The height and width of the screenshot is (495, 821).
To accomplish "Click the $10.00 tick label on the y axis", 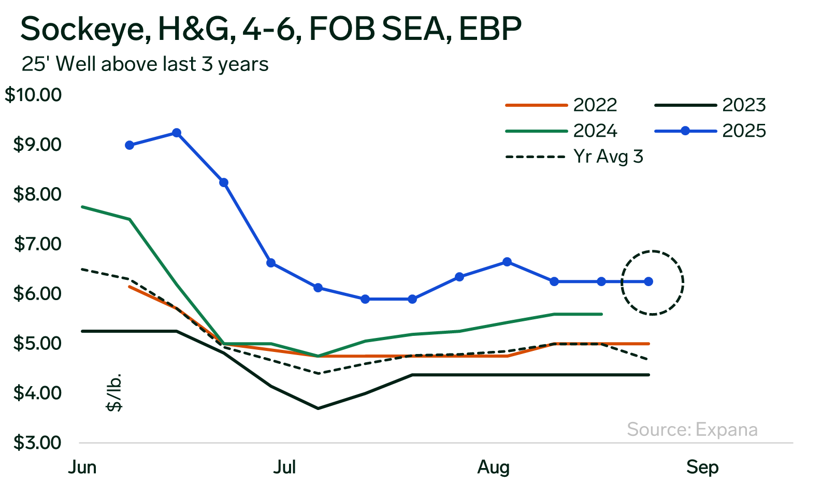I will (33, 95).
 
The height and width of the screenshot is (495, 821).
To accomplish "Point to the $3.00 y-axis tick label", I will (37, 443).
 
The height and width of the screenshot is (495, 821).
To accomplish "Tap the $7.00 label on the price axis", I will (37, 244).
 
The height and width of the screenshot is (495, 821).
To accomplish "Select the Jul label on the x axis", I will (284, 467).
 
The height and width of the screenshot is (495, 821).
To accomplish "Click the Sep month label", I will (702, 467).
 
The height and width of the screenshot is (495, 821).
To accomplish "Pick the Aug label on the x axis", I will (493, 467).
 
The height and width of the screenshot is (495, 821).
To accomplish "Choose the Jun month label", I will (82, 467).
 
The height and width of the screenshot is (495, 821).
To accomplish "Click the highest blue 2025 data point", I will (177, 133).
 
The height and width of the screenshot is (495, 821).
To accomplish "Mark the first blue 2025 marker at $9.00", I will (129, 145).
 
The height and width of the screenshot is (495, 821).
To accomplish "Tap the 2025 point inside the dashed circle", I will (649, 281).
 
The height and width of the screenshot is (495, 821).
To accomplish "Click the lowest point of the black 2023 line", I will (318, 408).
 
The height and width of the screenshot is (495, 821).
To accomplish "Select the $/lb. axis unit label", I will (114, 392).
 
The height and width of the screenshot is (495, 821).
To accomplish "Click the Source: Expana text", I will (692, 430).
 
